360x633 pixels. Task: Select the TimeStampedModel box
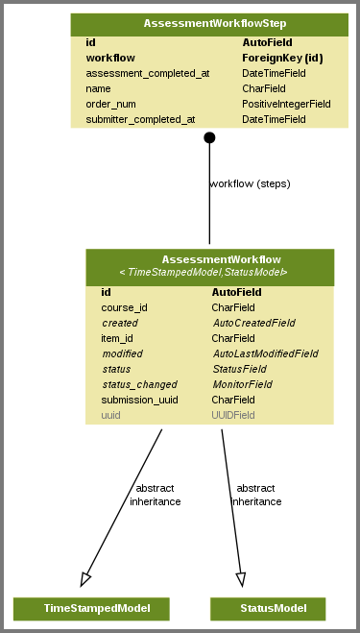tap(91, 608)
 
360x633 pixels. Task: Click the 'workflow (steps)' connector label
tap(250, 183)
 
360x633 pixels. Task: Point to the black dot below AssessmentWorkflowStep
tap(209, 137)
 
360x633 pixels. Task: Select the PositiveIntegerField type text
tap(286, 104)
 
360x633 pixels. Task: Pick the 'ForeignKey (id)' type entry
tap(282, 58)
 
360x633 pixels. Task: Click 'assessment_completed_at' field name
tap(147, 73)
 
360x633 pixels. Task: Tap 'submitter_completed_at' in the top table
tap(140, 119)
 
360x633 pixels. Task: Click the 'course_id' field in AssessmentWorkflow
tap(124, 307)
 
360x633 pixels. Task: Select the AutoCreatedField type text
tap(253, 323)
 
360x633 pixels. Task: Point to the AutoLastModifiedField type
tap(265, 353)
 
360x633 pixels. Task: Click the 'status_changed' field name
tap(139, 384)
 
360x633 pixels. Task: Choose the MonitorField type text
tap(242, 384)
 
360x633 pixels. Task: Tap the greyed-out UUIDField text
tap(233, 415)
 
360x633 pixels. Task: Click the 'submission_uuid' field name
tap(139, 400)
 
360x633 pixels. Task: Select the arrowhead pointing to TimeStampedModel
tap(85, 578)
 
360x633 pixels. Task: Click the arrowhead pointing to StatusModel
tap(241, 578)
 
